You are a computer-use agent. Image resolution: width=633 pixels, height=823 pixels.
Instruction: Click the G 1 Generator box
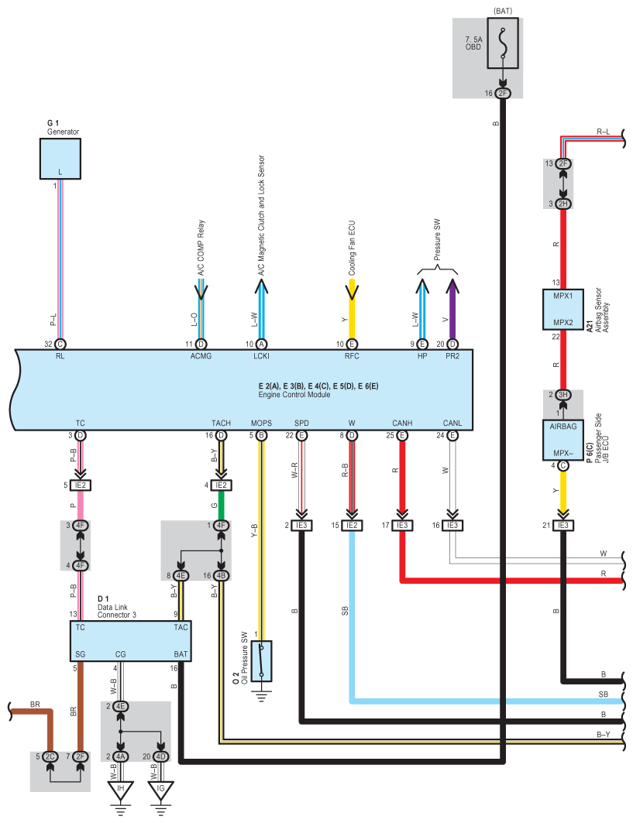click(x=60, y=159)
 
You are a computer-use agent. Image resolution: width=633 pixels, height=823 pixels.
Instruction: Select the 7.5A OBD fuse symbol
click(x=503, y=43)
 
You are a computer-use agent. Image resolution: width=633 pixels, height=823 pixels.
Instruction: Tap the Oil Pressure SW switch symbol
click(x=261, y=660)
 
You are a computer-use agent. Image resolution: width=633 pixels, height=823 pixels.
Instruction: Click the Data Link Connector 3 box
click(x=130, y=641)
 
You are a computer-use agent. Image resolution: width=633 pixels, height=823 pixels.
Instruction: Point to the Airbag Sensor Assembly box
click(x=562, y=309)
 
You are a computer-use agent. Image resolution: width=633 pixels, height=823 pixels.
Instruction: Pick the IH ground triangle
click(x=121, y=790)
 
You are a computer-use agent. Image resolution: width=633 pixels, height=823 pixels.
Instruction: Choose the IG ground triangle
click(x=160, y=790)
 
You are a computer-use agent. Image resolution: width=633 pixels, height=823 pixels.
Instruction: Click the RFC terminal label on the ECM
click(x=352, y=356)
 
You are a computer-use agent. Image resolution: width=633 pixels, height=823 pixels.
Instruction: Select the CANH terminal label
click(x=402, y=423)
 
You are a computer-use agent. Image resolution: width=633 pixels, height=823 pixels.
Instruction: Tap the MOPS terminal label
click(x=261, y=423)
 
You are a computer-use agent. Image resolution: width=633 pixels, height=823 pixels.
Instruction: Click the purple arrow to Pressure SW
click(x=452, y=309)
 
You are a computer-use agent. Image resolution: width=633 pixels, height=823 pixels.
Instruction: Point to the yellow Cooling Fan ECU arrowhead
click(x=352, y=291)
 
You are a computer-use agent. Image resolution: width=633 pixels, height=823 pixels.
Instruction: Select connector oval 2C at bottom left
click(x=50, y=756)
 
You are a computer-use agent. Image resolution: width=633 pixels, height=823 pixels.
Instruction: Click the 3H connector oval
click(x=563, y=395)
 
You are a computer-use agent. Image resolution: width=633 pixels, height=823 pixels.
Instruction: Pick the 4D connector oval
click(x=160, y=756)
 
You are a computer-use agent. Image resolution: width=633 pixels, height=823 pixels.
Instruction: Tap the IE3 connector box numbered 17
click(x=402, y=526)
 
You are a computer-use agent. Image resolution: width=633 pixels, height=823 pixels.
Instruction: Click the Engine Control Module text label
click(x=294, y=395)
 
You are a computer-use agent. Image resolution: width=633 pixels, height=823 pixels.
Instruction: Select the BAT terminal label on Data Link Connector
click(x=181, y=654)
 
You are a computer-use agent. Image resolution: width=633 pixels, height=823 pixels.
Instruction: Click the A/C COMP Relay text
click(x=201, y=248)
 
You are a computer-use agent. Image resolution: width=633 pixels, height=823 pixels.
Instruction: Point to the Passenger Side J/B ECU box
click(x=562, y=440)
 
